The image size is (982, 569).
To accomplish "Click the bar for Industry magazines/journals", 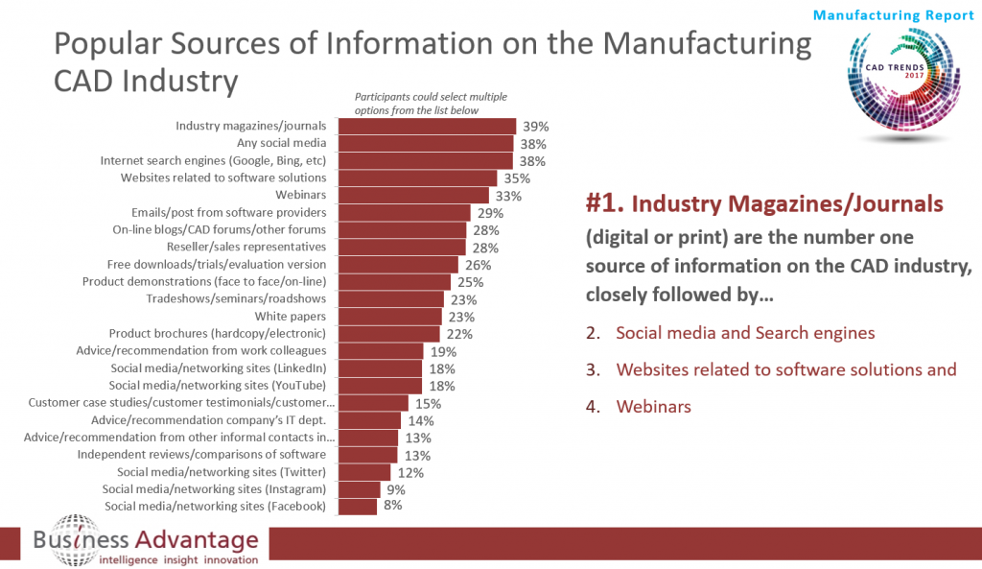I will click(x=428, y=126).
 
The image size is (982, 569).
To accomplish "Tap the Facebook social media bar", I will click(x=358, y=506).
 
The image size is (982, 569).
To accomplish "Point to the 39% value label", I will click(x=534, y=126).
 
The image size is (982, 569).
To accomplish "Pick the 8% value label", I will click(x=393, y=506).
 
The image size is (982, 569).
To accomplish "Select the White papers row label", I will click(x=291, y=316).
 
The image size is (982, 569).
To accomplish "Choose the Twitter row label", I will click(x=222, y=471).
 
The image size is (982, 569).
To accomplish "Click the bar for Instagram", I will click(x=360, y=488).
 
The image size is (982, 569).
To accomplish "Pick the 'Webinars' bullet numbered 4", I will click(x=653, y=407).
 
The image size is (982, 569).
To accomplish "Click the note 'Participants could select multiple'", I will click(x=431, y=97).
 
